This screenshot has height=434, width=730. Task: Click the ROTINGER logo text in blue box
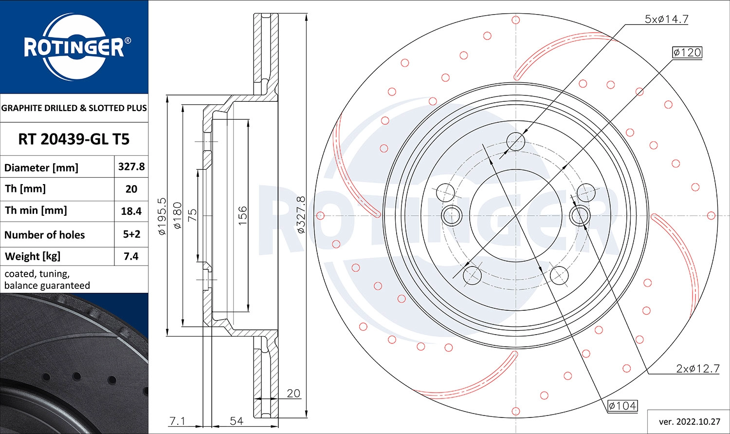(74, 48)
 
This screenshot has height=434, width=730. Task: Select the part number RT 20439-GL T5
(74, 139)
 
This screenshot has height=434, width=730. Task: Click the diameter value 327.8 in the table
(131, 167)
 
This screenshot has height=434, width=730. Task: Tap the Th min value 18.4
(131, 211)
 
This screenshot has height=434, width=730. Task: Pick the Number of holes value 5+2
(131, 234)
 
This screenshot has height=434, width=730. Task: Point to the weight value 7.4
(131, 256)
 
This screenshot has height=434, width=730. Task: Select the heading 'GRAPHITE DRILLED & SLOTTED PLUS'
(74, 108)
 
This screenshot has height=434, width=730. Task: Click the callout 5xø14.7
(666, 19)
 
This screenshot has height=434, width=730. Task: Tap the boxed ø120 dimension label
(687, 52)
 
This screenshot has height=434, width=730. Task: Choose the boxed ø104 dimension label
(622, 405)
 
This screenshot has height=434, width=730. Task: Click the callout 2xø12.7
(697, 369)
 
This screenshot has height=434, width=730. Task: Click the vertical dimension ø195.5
(162, 216)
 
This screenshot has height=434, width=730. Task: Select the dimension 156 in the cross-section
(242, 215)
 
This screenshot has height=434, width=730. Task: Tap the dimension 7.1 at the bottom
(177, 420)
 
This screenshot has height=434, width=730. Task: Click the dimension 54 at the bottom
(237, 420)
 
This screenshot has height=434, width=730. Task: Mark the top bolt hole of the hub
(516, 141)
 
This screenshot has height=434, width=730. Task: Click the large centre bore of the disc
(516, 215)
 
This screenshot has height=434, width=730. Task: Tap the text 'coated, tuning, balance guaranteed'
(47, 280)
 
